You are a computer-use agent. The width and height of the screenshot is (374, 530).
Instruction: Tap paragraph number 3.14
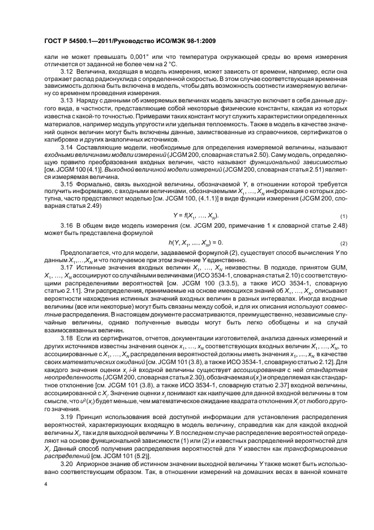(x=66, y=145)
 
